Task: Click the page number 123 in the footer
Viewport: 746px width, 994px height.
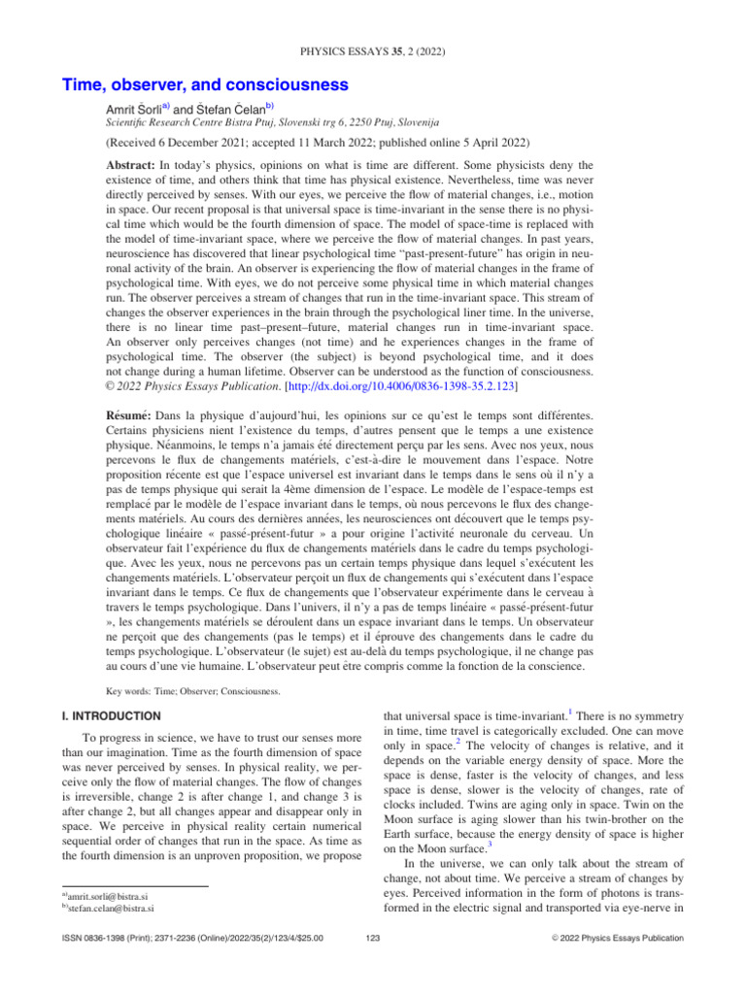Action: (x=373, y=939)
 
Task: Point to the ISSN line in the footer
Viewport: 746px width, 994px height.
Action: (x=190, y=939)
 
